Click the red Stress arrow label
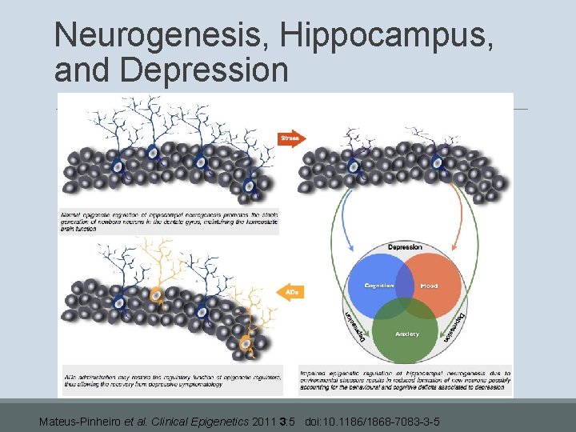(x=289, y=138)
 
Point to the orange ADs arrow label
(x=291, y=293)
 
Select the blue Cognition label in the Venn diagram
(x=379, y=286)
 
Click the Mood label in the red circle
(x=429, y=286)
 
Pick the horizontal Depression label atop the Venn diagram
(x=405, y=247)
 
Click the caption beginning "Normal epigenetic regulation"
(x=170, y=222)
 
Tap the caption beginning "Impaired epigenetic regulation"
(x=405, y=380)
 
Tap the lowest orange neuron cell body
(x=246, y=346)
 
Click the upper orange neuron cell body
(x=156, y=295)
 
